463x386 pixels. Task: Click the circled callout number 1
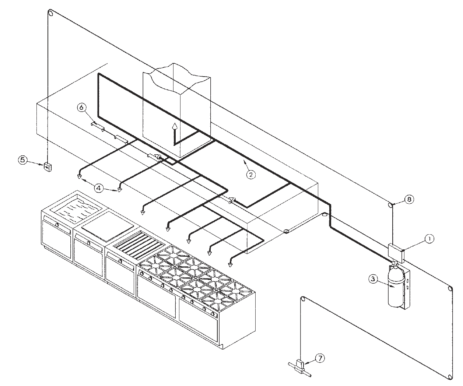(428, 239)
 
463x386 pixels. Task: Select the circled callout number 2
(250, 175)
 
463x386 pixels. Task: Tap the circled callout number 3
(372, 279)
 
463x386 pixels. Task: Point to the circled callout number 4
(98, 187)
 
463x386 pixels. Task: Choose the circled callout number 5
(23, 160)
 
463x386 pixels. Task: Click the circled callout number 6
(82, 107)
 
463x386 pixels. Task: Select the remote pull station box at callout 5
(48, 167)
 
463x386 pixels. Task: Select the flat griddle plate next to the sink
(107, 225)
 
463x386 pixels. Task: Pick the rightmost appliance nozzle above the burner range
(231, 264)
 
